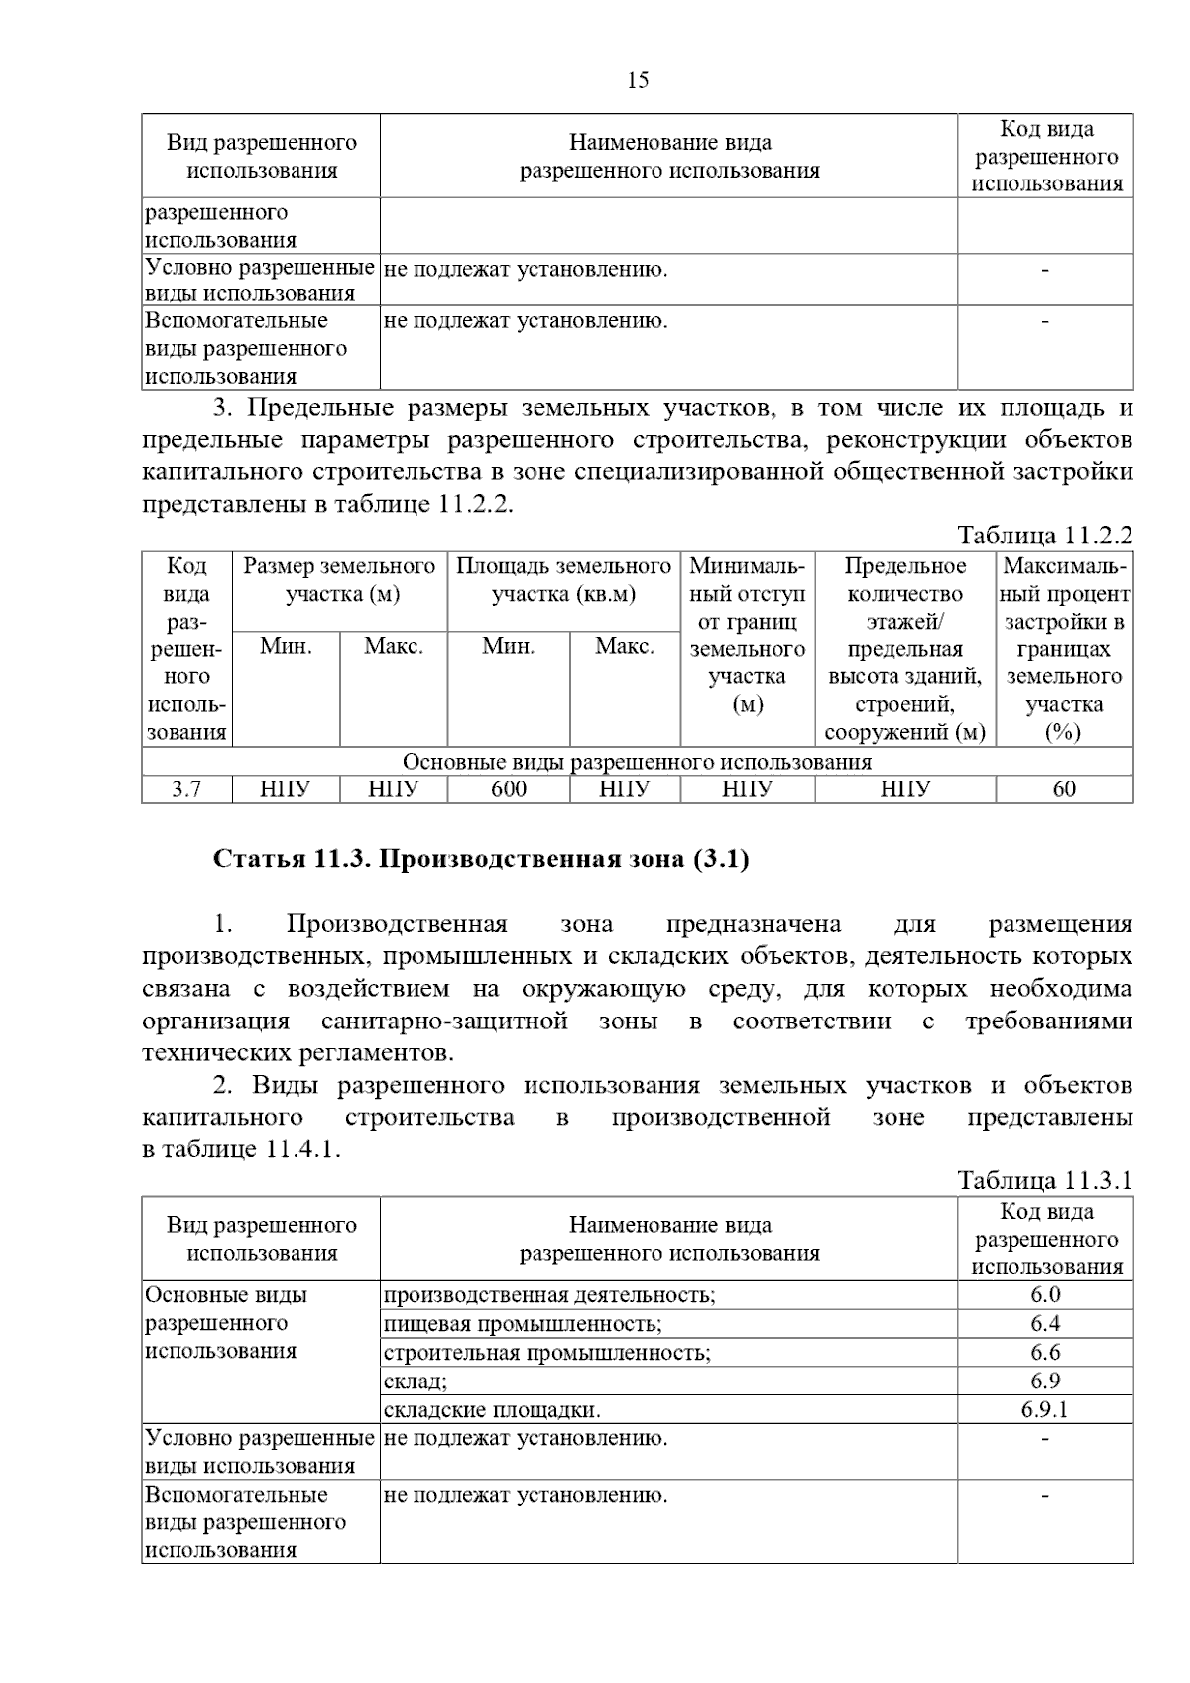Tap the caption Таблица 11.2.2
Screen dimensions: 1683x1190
click(1044, 536)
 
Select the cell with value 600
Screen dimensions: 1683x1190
click(509, 789)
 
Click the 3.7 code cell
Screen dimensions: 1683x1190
click(186, 789)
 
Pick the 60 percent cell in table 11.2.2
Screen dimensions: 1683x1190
click(1064, 789)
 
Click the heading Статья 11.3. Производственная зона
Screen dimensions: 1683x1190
click(481, 859)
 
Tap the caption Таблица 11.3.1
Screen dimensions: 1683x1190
click(1044, 1181)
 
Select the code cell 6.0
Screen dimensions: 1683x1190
click(1045, 1295)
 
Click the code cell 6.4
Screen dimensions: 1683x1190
click(1045, 1324)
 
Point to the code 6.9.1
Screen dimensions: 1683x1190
click(1045, 1410)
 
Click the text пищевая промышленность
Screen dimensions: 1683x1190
click(523, 1324)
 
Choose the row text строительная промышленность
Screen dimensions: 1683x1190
click(547, 1353)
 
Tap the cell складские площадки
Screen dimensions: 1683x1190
click(492, 1410)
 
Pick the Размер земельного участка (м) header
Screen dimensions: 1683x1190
click(339, 580)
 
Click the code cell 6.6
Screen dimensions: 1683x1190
click(1045, 1353)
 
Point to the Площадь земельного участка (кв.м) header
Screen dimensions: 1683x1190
click(563, 580)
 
